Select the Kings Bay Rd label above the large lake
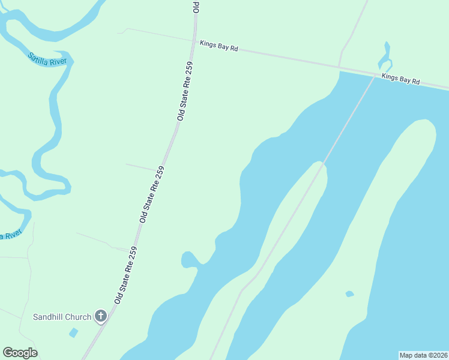pyautogui.click(x=400, y=79)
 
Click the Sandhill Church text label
pyautogui.click(x=62, y=317)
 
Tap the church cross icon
pyautogui.click(x=101, y=316)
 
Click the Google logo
pyautogui.click(x=20, y=353)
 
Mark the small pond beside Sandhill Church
pyautogui.click(x=73, y=332)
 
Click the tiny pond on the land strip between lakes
pyautogui.click(x=349, y=294)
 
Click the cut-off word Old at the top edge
pyautogui.click(x=196, y=6)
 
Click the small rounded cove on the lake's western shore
pyautogui.click(x=190, y=259)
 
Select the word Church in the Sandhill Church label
pyautogui.click(x=78, y=317)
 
